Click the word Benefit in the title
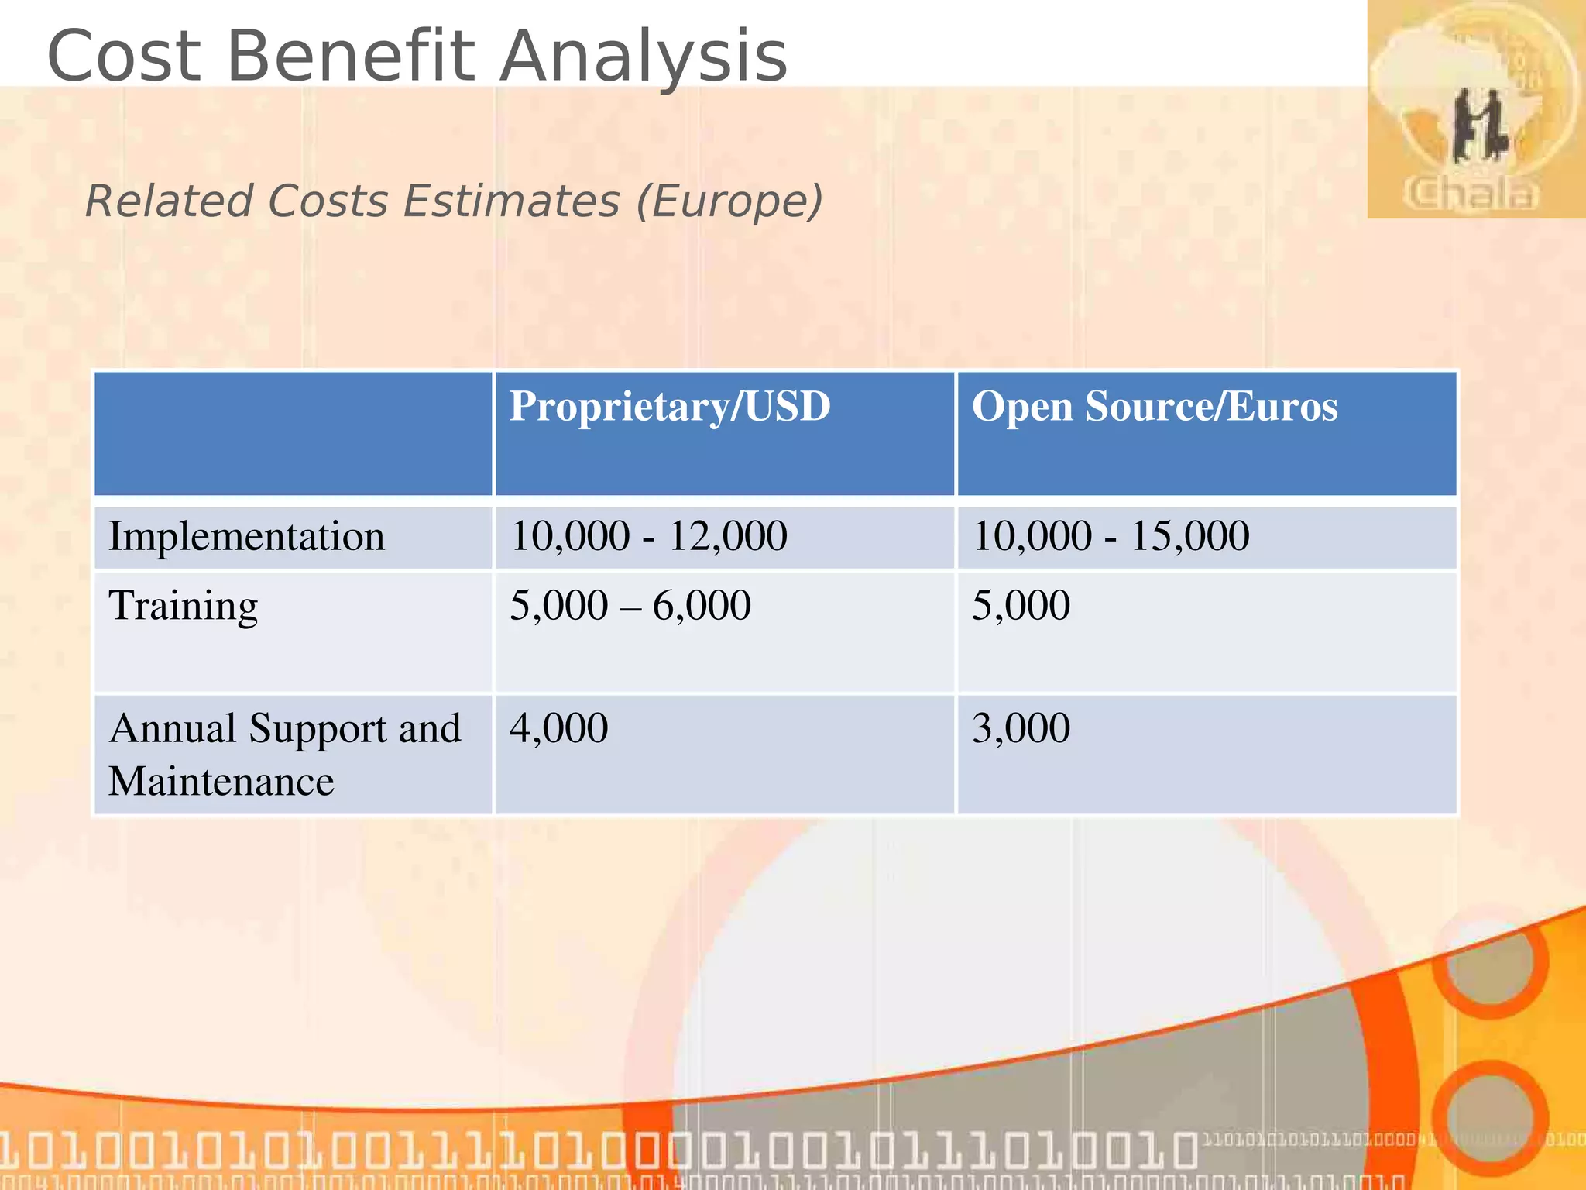click(x=349, y=56)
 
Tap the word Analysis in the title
click(x=643, y=56)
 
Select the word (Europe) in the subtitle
click(x=729, y=201)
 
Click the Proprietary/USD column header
click(x=670, y=407)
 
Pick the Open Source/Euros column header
click(x=1154, y=407)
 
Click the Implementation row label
click(x=246, y=536)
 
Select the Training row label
click(x=183, y=606)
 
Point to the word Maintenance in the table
click(x=221, y=781)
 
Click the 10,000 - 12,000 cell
click(x=649, y=536)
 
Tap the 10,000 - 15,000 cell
click(x=1111, y=536)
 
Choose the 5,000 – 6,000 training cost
click(x=630, y=606)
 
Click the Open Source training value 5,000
click(x=1021, y=606)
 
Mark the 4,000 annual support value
click(x=558, y=728)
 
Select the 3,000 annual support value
click(x=1021, y=728)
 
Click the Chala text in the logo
click(x=1471, y=194)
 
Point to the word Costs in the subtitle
click(x=328, y=201)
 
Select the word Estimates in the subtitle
click(x=511, y=201)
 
